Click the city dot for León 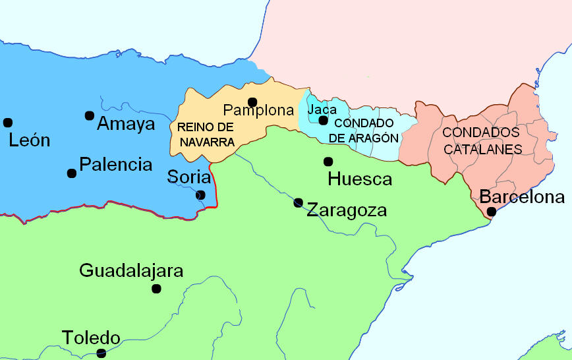click(x=8, y=122)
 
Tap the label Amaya click(x=126, y=123)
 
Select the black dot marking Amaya click(x=90, y=115)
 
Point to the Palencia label click(x=115, y=165)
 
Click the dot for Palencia click(x=71, y=173)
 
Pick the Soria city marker click(x=200, y=195)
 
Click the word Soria click(x=189, y=177)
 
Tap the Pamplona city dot click(x=252, y=102)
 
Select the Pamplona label click(x=258, y=111)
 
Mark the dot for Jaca click(x=323, y=120)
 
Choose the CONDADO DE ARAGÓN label click(x=364, y=131)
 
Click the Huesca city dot click(x=328, y=162)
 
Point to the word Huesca click(x=359, y=179)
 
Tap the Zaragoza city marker click(x=298, y=202)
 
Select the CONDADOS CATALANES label click(x=482, y=140)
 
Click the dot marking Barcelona click(x=491, y=211)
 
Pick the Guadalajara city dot click(x=156, y=288)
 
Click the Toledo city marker click(x=101, y=353)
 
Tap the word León click(x=29, y=140)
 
